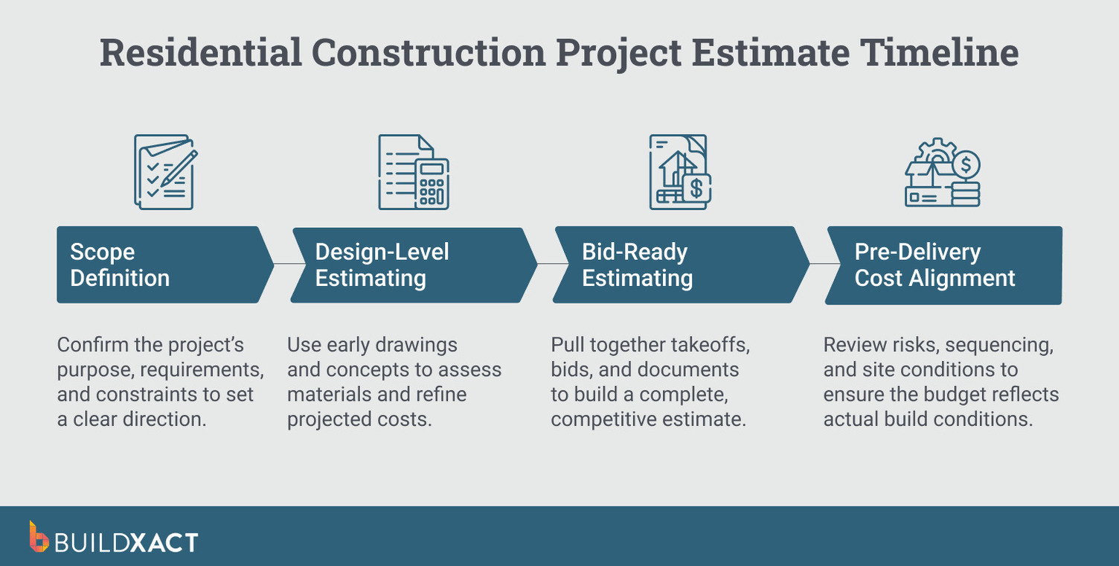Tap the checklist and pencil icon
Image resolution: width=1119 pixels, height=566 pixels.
[x=165, y=171]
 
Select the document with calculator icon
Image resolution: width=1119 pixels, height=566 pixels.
[x=414, y=171]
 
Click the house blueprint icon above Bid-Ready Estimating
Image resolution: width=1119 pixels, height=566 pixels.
[x=679, y=171]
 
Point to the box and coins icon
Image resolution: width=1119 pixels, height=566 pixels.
[x=943, y=173]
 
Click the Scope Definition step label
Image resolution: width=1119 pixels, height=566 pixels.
[x=120, y=265]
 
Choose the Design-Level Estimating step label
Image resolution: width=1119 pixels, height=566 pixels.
[x=382, y=265]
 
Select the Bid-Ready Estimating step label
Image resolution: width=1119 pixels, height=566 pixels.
[x=637, y=265]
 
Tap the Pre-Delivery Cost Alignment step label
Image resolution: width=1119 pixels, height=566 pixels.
[x=934, y=265]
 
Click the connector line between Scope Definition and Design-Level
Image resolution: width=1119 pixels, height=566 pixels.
[x=283, y=264]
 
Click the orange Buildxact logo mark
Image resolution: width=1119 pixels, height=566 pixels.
[x=39, y=537]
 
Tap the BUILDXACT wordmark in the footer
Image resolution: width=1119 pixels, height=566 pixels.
[x=126, y=541]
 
